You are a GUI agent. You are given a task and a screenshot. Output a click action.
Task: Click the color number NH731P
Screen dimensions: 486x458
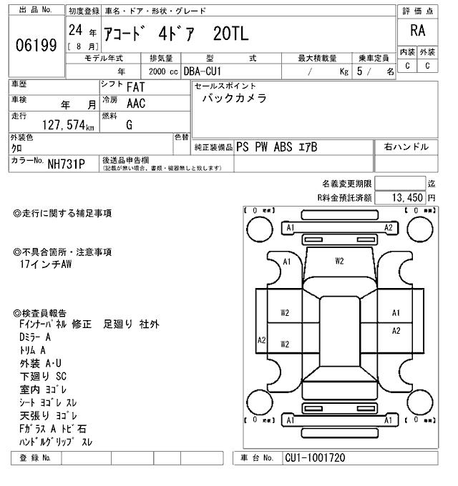click(66, 164)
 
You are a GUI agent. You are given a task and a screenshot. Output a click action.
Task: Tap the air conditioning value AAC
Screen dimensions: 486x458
click(136, 104)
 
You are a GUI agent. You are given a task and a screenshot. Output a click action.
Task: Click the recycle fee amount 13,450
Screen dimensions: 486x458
click(407, 197)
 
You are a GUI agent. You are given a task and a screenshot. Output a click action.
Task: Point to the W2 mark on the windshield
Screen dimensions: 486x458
click(340, 261)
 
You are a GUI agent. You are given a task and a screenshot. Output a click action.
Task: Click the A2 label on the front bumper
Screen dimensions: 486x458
click(389, 227)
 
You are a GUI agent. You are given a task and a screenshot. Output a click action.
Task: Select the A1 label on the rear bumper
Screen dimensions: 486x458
click(290, 420)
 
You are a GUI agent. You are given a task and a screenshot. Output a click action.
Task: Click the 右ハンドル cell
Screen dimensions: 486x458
click(406, 147)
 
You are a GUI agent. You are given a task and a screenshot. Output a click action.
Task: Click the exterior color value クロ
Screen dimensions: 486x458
click(16, 148)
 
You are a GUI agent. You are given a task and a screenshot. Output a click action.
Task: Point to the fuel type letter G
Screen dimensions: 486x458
click(129, 124)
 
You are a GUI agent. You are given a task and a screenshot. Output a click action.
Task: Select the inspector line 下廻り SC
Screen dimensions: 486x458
click(43, 375)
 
